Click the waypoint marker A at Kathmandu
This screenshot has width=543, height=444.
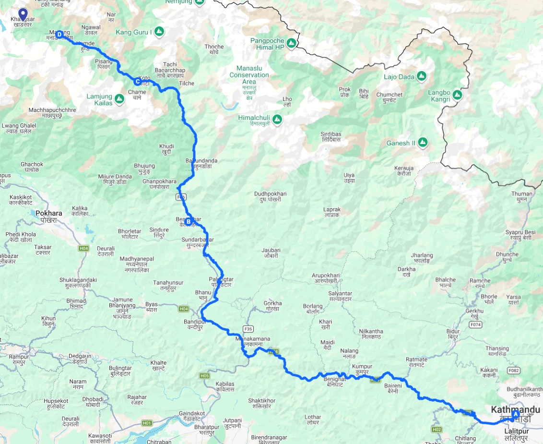515,414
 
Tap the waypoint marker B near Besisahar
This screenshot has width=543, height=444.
189,222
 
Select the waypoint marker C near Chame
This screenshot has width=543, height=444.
137,81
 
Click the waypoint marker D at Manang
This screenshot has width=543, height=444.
59,35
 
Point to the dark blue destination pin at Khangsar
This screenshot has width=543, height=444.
22,14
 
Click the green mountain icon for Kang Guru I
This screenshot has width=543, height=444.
159,32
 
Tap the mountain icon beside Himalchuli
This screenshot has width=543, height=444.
277,118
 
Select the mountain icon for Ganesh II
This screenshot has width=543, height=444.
422,143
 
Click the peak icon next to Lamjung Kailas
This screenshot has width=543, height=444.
119,99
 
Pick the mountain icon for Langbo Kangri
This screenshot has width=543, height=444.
457,95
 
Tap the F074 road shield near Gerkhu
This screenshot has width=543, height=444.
475,324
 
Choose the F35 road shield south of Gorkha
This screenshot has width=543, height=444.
248,329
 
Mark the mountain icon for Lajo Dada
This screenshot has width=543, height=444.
421,76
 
